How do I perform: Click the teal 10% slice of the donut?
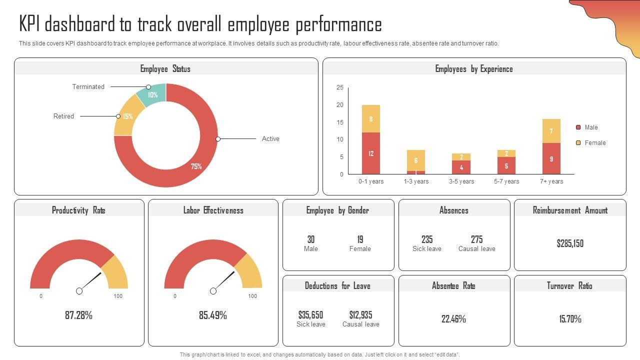click(x=152, y=94)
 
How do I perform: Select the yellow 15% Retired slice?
click(x=127, y=116)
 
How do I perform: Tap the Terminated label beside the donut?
click(x=88, y=86)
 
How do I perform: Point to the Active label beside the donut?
click(x=270, y=138)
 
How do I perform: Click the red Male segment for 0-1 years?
click(x=371, y=153)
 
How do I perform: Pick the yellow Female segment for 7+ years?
click(x=551, y=131)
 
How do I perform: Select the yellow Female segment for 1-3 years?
click(x=416, y=160)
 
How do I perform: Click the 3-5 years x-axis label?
click(x=461, y=181)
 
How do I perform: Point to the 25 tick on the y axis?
click(x=340, y=87)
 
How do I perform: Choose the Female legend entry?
click(x=595, y=143)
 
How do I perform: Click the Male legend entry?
click(x=591, y=127)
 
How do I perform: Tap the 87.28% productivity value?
click(x=78, y=315)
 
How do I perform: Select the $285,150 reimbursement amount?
click(x=570, y=243)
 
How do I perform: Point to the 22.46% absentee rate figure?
click(x=453, y=319)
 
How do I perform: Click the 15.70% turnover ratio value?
click(x=570, y=319)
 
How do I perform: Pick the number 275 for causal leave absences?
click(x=476, y=239)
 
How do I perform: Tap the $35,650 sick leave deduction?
click(x=310, y=315)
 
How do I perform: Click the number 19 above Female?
click(x=360, y=239)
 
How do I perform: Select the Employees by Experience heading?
click(x=474, y=69)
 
